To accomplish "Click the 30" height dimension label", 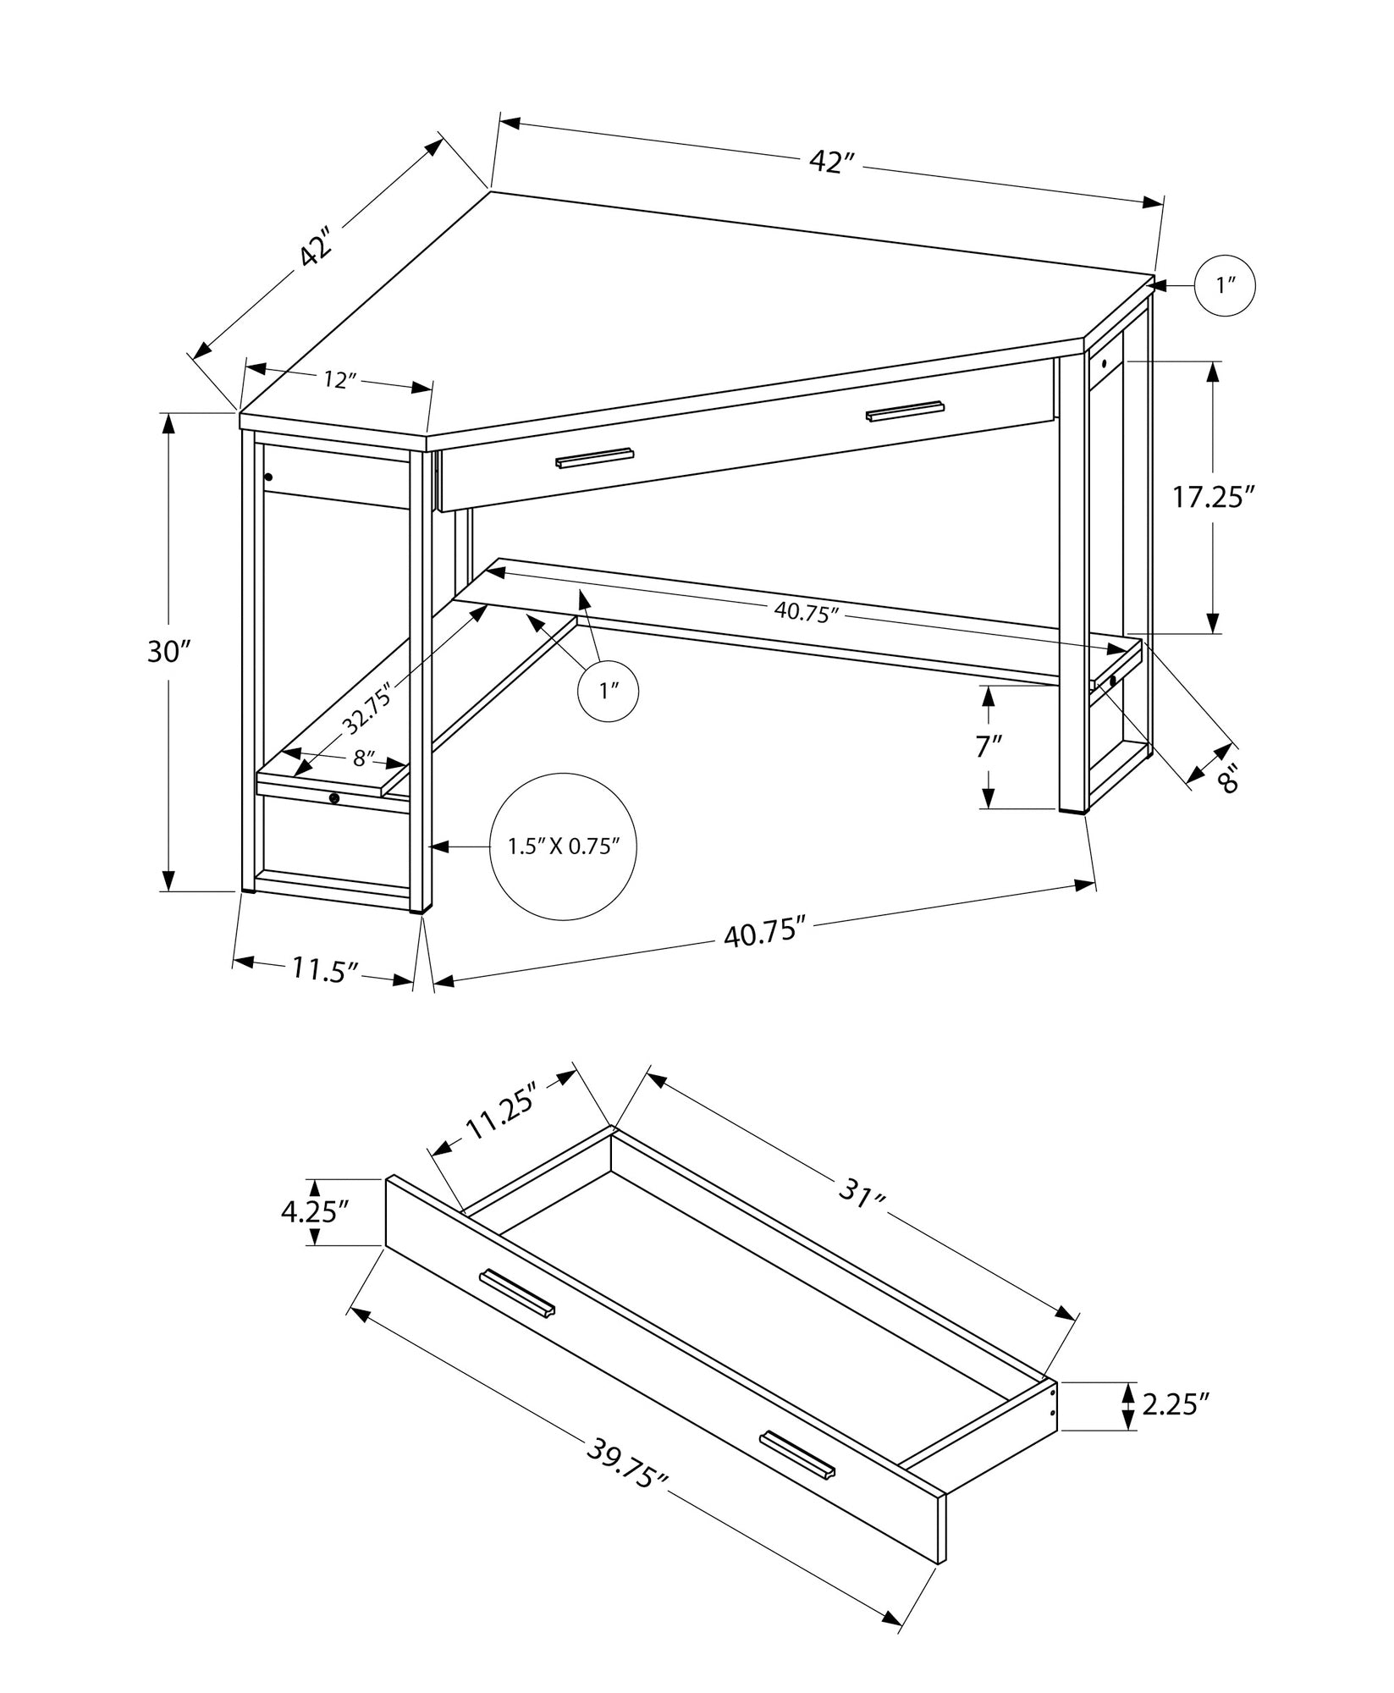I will tap(170, 652).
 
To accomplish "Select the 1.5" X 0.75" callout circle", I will tap(564, 846).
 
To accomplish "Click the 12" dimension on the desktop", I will tap(337, 380).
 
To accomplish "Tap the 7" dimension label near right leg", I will tap(988, 747).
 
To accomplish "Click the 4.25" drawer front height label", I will tap(316, 1212).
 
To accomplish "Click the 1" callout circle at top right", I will tap(1225, 286).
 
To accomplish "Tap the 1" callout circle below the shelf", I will tap(607, 692).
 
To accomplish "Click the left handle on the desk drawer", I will tap(594, 457).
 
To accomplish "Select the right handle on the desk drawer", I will tap(905, 411).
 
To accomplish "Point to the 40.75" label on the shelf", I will tap(806, 613).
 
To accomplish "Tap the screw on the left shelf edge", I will tap(334, 797).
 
